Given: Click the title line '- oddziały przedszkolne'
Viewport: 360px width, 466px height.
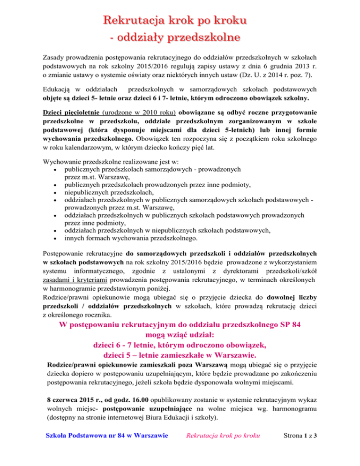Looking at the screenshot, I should coord(180,36).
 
